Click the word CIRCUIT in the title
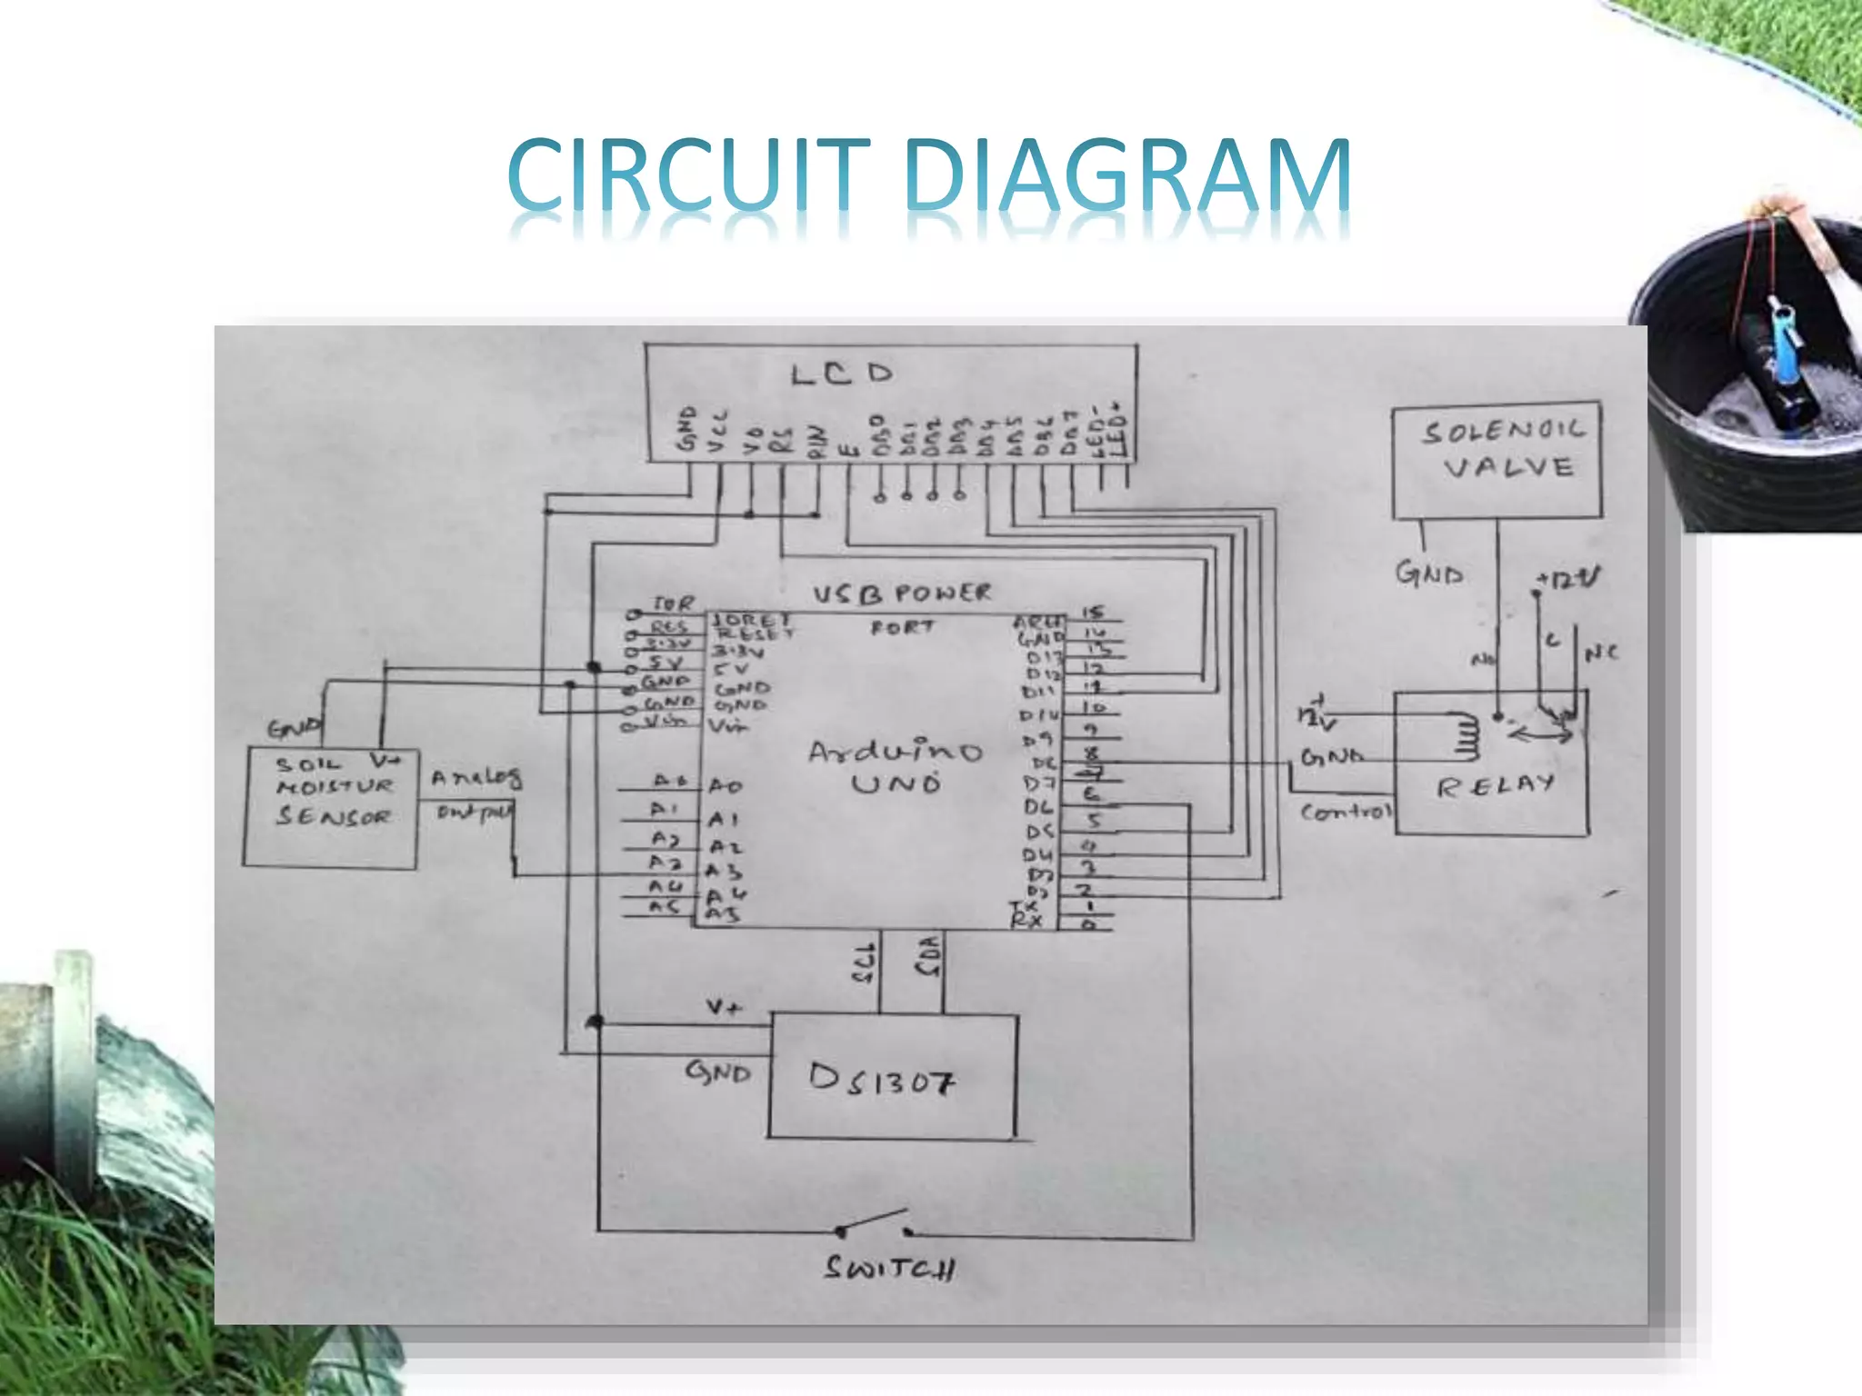click(x=687, y=174)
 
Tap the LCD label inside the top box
click(x=842, y=374)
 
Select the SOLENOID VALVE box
click(x=1497, y=460)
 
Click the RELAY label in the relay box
click(x=1495, y=785)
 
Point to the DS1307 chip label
click(x=882, y=1080)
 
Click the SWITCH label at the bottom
click(x=889, y=1267)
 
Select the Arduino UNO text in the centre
click(x=896, y=767)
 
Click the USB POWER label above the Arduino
click(x=901, y=594)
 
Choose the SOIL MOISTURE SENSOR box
click(x=331, y=807)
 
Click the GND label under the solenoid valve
click(x=1429, y=574)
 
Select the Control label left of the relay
click(x=1346, y=812)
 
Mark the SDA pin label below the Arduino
click(x=928, y=957)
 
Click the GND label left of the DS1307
click(x=718, y=1072)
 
